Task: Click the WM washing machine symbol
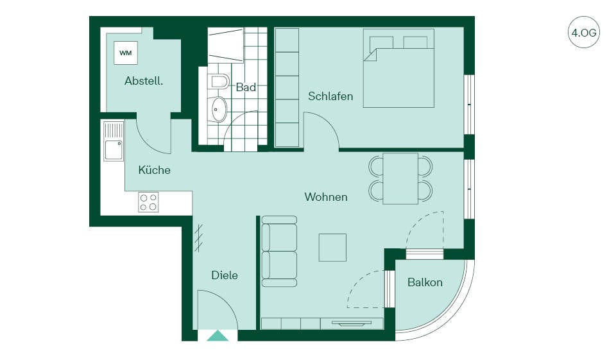click(126, 53)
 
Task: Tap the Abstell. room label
click(144, 81)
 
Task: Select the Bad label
click(246, 87)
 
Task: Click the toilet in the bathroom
click(218, 81)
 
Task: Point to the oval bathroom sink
click(218, 109)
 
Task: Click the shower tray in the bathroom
click(225, 45)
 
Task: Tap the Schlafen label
click(330, 96)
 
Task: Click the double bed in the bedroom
click(398, 68)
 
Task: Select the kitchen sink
click(114, 141)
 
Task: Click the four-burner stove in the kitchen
click(148, 202)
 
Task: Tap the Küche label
click(155, 170)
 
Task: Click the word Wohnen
click(326, 197)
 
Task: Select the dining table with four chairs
click(400, 179)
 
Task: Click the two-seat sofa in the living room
click(279, 251)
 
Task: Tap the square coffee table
click(332, 248)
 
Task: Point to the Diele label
click(225, 275)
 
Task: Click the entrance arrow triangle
click(218, 336)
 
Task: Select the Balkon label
click(425, 282)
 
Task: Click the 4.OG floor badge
click(584, 32)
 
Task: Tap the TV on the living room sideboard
click(352, 323)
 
